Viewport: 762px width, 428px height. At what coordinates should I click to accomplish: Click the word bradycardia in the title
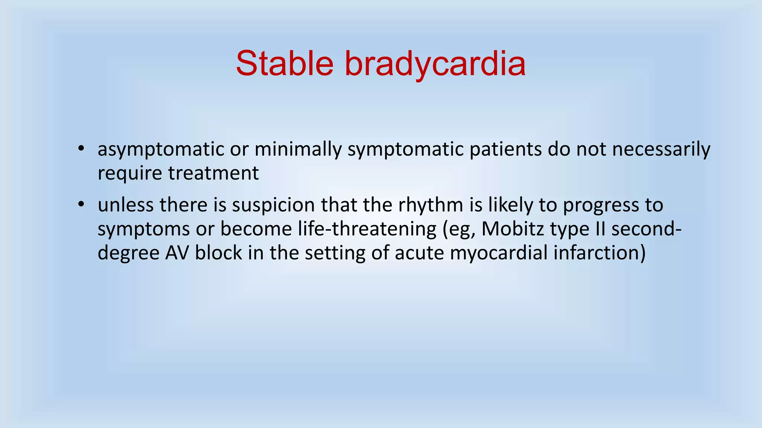(x=435, y=64)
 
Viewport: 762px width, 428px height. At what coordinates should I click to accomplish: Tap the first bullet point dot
(x=81, y=149)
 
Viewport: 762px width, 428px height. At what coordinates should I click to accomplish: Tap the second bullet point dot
(x=81, y=205)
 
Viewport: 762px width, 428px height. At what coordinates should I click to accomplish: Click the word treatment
(x=213, y=173)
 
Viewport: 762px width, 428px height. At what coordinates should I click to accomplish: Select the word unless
(x=125, y=205)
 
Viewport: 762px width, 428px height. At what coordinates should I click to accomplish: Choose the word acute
(x=419, y=253)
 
